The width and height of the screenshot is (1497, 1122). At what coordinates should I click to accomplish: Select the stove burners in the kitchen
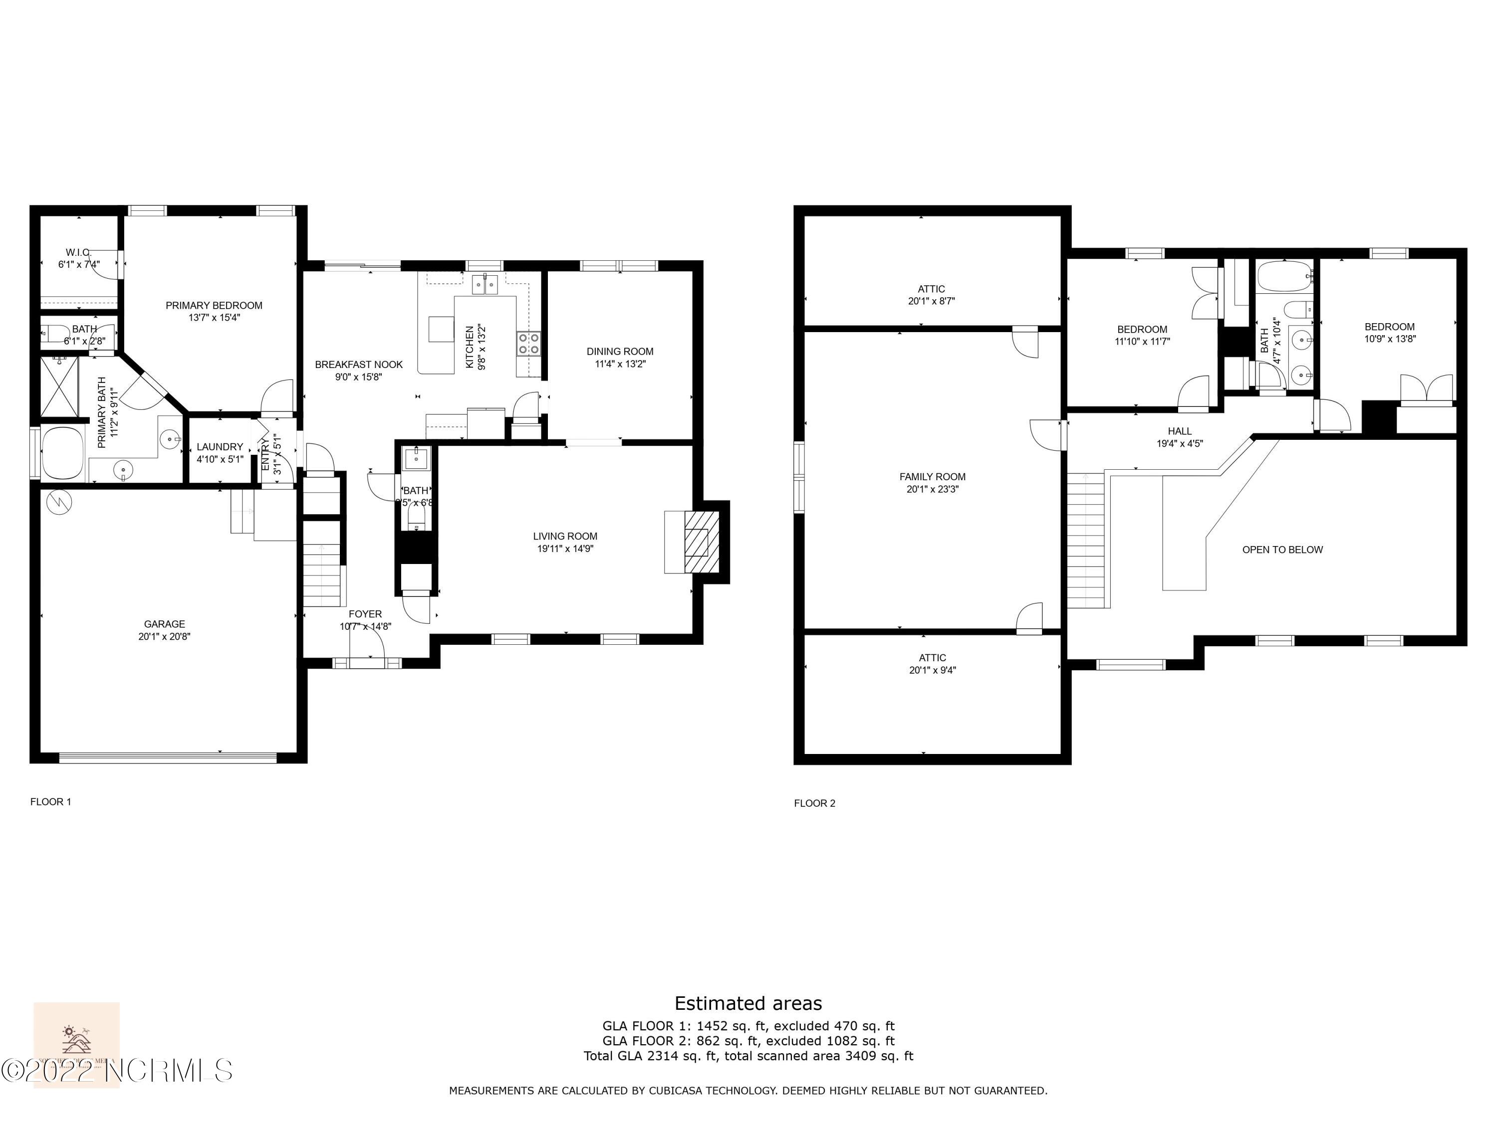click(528, 343)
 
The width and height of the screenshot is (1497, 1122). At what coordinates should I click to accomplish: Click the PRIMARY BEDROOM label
click(214, 306)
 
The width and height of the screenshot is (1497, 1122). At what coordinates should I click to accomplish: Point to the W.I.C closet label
click(78, 252)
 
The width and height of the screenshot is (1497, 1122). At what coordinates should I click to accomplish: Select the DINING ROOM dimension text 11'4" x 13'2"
click(620, 364)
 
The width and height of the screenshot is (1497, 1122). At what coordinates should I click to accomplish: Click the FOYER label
click(365, 614)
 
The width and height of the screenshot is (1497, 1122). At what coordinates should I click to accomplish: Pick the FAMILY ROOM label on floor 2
click(932, 477)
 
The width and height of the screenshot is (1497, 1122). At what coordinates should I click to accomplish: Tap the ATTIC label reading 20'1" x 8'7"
click(931, 301)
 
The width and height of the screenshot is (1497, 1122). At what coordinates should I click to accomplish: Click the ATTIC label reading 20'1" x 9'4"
click(932, 670)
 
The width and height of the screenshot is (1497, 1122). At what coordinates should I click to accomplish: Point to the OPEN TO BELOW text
click(1282, 550)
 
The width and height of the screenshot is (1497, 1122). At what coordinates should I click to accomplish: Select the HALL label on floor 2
click(1179, 431)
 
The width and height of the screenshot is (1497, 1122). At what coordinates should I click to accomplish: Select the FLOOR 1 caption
click(51, 801)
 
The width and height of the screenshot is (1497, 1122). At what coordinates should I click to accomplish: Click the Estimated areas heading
click(748, 1003)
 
